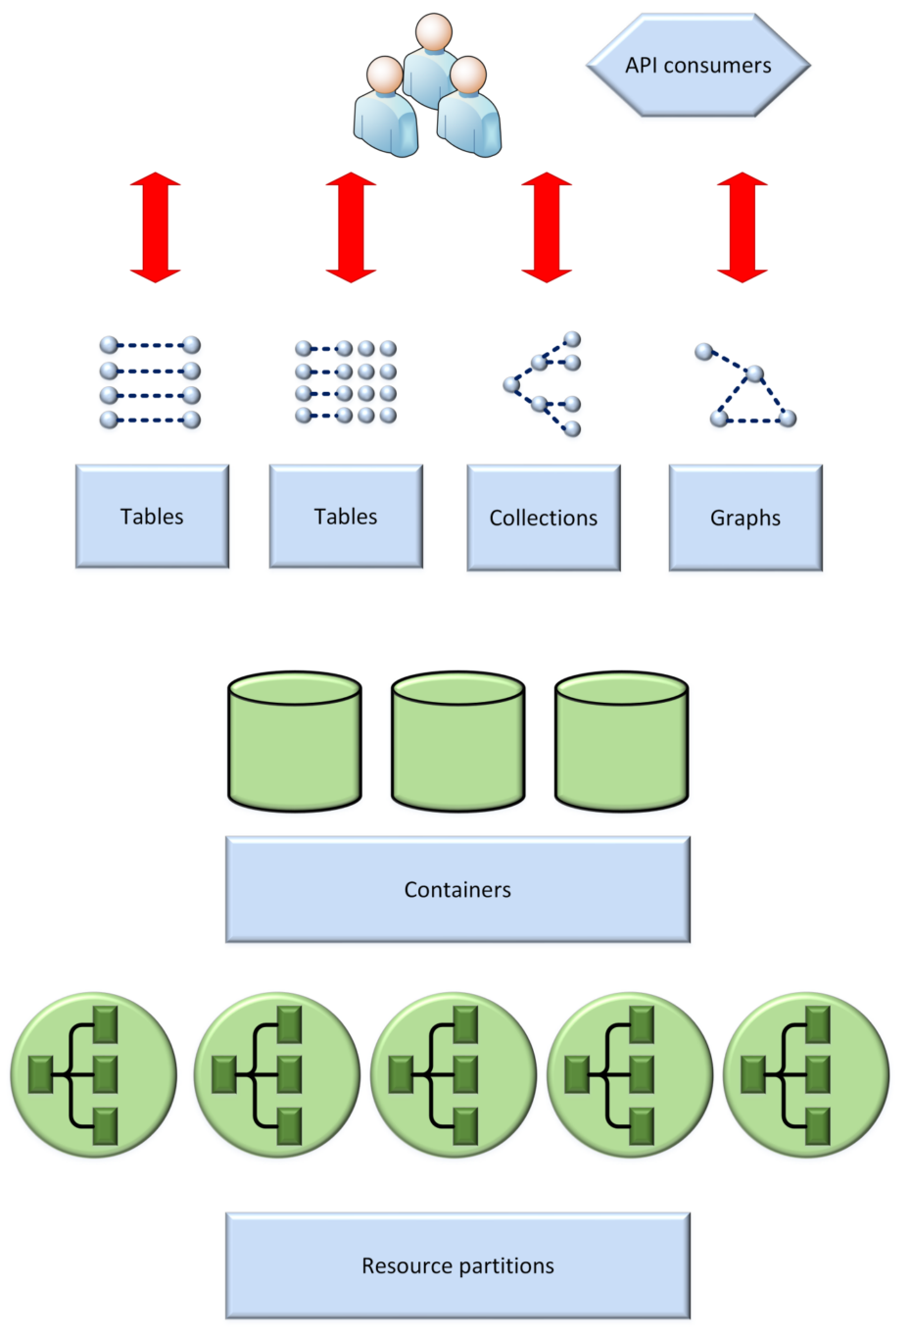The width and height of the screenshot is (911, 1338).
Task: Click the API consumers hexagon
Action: click(x=698, y=66)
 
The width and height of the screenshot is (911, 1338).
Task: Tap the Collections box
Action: click(x=544, y=518)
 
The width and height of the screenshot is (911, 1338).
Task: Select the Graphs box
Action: click(x=745, y=518)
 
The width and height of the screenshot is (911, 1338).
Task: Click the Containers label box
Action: click(x=457, y=889)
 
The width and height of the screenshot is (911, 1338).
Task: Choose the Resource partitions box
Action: click(x=457, y=1265)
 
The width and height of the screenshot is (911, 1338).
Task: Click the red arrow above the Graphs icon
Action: click(x=743, y=227)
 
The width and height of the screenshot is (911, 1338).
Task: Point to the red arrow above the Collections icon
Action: click(x=547, y=227)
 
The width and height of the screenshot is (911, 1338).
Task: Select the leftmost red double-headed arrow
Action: click(x=156, y=227)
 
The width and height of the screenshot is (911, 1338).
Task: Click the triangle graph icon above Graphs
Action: click(x=747, y=386)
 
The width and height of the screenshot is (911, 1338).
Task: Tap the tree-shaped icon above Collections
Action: click(x=545, y=384)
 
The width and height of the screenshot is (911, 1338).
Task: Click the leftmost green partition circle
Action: click(x=94, y=1074)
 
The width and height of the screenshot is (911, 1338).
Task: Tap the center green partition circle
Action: click(x=454, y=1074)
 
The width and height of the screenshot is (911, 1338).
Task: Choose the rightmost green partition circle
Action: click(x=806, y=1074)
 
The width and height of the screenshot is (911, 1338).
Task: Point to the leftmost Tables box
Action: click(x=152, y=517)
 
